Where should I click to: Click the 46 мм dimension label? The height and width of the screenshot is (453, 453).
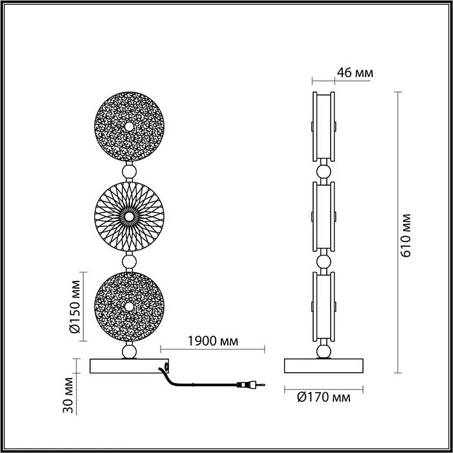[x=355, y=72]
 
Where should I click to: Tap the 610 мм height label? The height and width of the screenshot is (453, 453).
[x=406, y=236]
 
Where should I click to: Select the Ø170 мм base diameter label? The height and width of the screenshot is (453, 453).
[x=324, y=397]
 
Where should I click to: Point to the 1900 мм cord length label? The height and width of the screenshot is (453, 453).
[x=213, y=341]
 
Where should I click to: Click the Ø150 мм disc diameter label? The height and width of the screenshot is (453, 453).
[x=75, y=307]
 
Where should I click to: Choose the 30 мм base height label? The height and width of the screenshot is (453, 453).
[x=68, y=395]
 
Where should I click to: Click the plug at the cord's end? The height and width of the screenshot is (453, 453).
[x=250, y=384]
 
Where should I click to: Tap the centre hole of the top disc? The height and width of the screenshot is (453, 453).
[x=129, y=127]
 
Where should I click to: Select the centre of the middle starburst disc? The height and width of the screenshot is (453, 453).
[x=129, y=216]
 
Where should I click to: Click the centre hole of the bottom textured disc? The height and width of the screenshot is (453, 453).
[x=129, y=307]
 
